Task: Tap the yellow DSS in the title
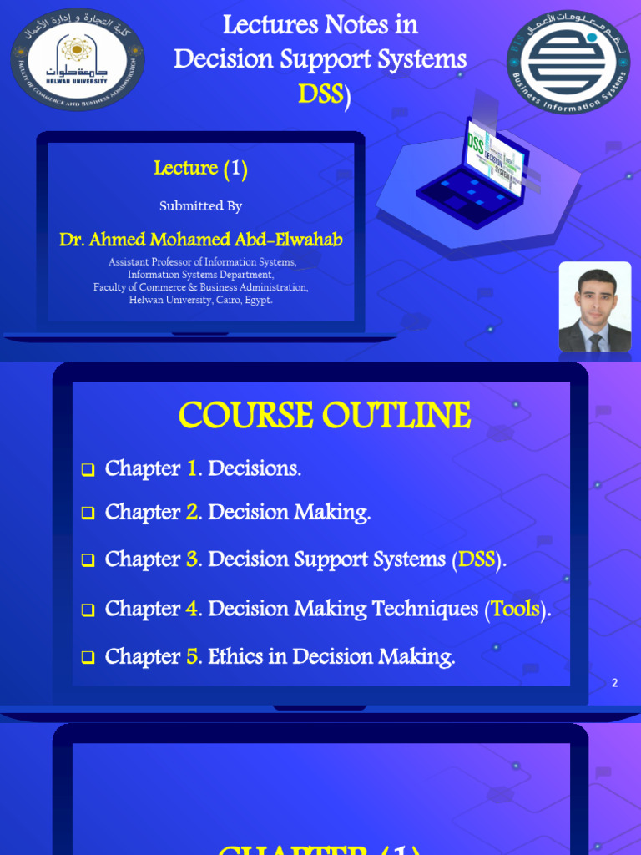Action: point(320,94)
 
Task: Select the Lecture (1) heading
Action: point(200,168)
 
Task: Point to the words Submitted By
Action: point(200,205)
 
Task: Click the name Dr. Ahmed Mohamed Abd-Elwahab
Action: point(200,240)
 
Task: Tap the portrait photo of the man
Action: point(594,306)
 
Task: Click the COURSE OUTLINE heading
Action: point(324,415)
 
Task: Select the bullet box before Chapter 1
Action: point(88,471)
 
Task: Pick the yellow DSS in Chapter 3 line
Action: point(477,559)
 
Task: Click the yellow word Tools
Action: point(515,609)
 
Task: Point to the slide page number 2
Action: point(614,683)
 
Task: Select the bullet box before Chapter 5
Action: point(88,659)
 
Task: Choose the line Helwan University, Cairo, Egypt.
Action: point(200,300)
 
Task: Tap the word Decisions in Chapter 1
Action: point(254,469)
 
